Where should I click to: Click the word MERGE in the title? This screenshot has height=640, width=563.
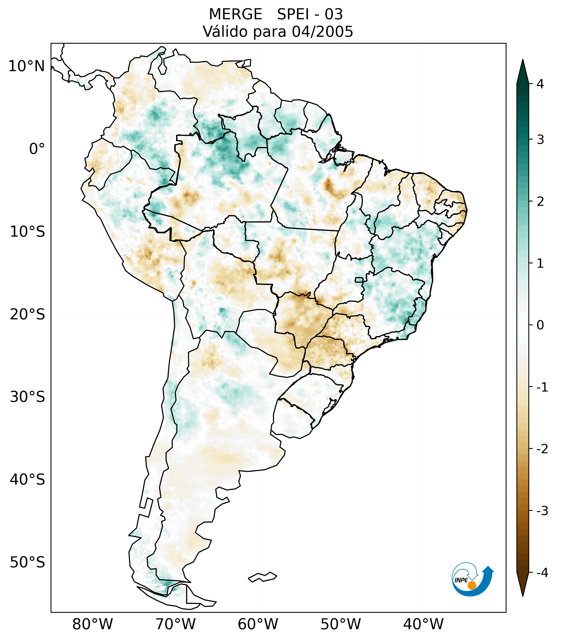click(x=235, y=14)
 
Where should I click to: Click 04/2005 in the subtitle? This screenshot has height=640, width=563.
click(x=322, y=32)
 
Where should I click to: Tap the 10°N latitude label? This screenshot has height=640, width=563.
click(x=26, y=66)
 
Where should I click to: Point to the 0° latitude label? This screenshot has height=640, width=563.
click(x=37, y=149)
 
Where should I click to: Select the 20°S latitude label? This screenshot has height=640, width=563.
click(x=27, y=314)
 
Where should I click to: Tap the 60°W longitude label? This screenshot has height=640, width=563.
click(x=258, y=624)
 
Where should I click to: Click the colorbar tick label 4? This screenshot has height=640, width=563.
click(x=540, y=84)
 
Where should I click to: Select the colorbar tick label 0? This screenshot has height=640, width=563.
click(x=540, y=325)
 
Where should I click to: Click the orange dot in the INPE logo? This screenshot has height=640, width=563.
click(x=472, y=585)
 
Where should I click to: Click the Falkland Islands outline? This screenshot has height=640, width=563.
click(x=262, y=577)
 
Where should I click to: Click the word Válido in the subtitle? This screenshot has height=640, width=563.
click(x=225, y=32)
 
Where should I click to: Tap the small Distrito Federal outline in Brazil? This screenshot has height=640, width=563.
click(x=359, y=280)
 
